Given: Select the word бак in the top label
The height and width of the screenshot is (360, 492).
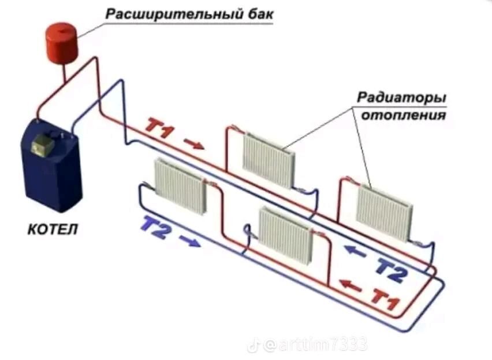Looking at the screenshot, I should point(258,13).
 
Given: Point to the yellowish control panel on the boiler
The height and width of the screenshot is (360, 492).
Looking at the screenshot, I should point(44,144).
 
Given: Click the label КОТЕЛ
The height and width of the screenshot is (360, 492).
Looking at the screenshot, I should point(53,230).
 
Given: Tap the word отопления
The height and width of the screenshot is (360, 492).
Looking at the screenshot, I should point(404,115).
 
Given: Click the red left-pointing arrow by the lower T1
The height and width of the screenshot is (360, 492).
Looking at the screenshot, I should point(349,285).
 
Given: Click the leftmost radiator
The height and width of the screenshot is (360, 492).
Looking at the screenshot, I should point(180,185).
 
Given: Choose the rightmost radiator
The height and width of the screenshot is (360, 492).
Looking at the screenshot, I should point(384,212).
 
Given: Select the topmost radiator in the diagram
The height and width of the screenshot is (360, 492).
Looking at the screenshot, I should point(269,159).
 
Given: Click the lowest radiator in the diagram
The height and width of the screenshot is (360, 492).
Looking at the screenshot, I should point(285,234).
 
